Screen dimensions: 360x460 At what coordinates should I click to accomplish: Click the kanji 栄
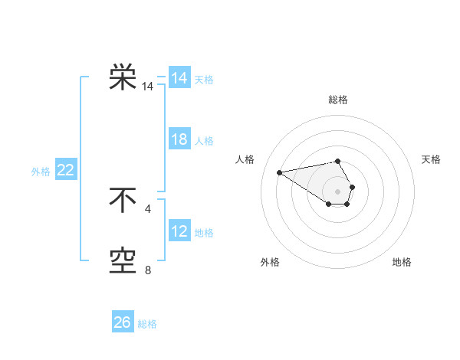123,77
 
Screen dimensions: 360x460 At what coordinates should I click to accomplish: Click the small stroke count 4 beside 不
147,208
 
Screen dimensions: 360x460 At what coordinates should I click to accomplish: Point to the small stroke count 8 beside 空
147,270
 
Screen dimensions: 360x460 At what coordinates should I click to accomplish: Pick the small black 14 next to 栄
147,87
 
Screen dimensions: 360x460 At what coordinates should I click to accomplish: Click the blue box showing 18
179,139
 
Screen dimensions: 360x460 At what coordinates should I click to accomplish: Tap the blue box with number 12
179,231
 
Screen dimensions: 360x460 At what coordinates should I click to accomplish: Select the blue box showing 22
65,170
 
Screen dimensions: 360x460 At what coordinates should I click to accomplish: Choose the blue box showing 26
123,322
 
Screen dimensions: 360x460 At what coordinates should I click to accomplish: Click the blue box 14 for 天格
179,78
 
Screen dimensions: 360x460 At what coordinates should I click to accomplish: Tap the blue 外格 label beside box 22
41,172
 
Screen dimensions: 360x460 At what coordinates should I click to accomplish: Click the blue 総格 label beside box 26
147,324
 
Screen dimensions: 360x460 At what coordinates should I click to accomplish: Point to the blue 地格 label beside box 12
204,232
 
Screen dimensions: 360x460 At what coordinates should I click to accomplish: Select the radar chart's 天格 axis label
431,159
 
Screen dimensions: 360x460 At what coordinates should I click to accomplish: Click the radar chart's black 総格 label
338,100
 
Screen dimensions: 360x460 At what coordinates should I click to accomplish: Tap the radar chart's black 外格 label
270,262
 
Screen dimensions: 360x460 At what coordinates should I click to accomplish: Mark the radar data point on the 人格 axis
279,172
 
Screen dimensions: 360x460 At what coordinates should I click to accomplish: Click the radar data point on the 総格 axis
338,161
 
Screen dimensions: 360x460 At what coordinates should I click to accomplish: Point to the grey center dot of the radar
338,191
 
